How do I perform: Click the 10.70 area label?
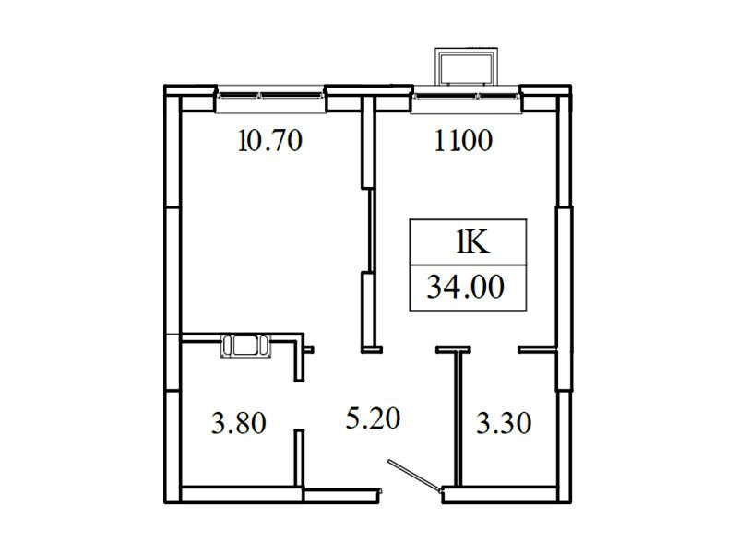(270, 141)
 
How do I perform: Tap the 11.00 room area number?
(463, 141)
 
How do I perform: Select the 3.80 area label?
(239, 423)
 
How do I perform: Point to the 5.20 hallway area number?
(373, 418)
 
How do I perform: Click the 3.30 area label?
(504, 423)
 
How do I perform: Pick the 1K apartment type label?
(473, 242)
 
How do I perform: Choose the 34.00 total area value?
(466, 287)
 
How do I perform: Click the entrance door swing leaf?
(414, 476)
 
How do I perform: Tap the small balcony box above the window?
(466, 66)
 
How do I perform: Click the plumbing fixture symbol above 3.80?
(246, 346)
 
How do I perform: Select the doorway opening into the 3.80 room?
(299, 406)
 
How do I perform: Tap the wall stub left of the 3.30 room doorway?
(453, 349)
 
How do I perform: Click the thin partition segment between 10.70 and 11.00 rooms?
(370, 229)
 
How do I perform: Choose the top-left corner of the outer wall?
(164, 85)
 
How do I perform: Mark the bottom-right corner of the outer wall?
(571, 503)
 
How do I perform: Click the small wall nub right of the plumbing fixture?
(309, 349)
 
